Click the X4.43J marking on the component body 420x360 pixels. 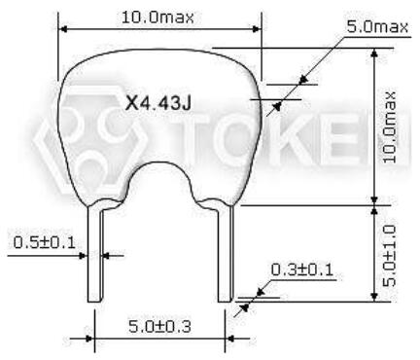pos(158,103)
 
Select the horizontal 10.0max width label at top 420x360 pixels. pos(157,18)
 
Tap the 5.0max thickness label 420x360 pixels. pos(377,26)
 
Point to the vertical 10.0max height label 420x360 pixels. pos(390,127)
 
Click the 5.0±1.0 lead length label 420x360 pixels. pos(389,256)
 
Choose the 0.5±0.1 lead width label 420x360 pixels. pos(45,242)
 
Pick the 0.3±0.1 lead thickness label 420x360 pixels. pos(301,270)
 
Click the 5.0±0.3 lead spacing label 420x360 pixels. pos(159,326)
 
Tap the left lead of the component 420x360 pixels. pos(95,254)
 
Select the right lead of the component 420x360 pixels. pos(226,254)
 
